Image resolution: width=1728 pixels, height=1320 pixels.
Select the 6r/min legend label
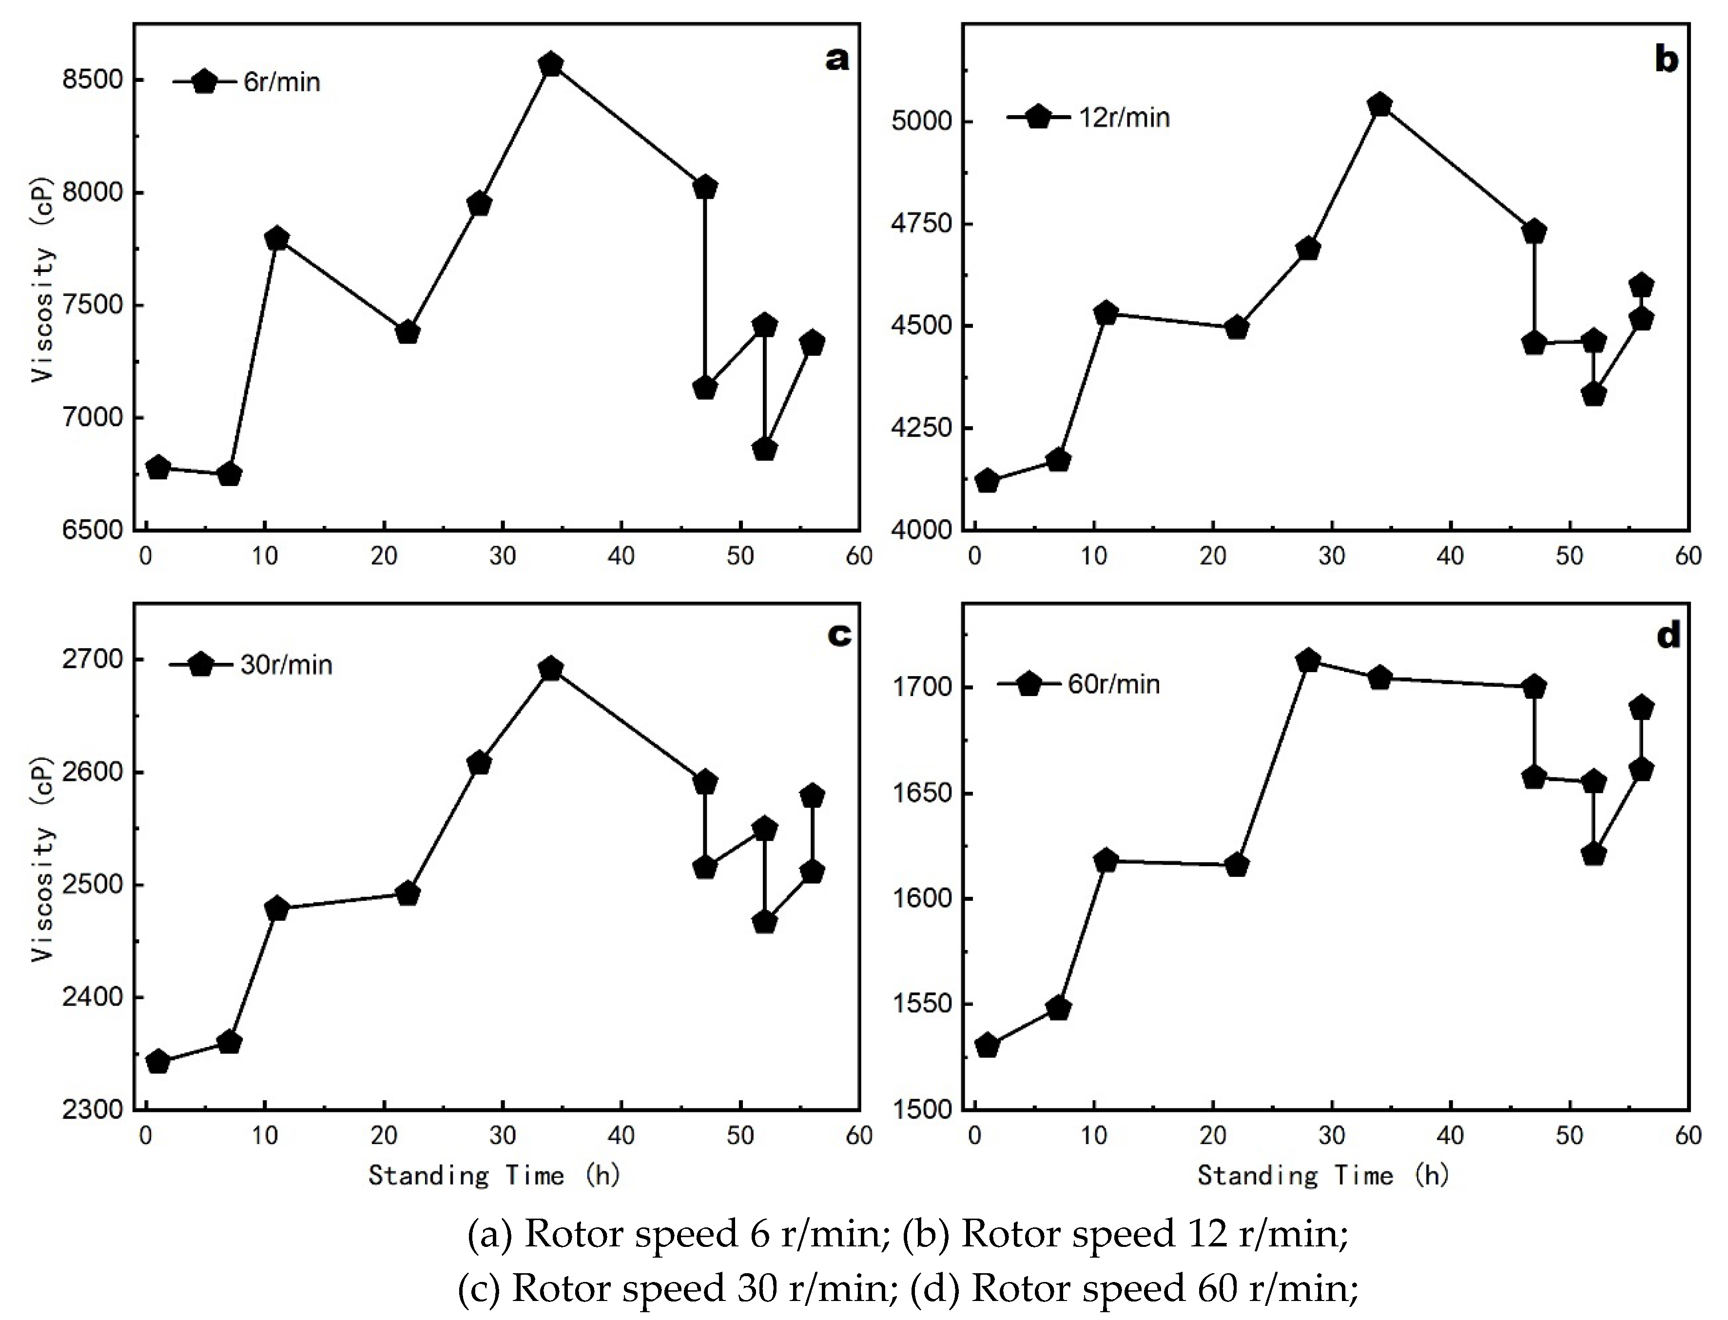pyautogui.click(x=281, y=82)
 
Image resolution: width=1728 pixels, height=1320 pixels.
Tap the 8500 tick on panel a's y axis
pyautogui.click(x=93, y=80)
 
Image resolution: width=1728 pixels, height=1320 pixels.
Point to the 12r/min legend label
pyautogui.click(x=1125, y=118)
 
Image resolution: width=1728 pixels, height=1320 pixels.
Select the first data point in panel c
pyautogui.click(x=158, y=1062)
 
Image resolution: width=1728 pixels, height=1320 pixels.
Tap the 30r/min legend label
pyautogui.click(x=286, y=665)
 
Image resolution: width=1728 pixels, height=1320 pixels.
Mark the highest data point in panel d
pyautogui.click(x=1308, y=661)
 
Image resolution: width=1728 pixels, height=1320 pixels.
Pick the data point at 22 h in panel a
pyautogui.click(x=407, y=332)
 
